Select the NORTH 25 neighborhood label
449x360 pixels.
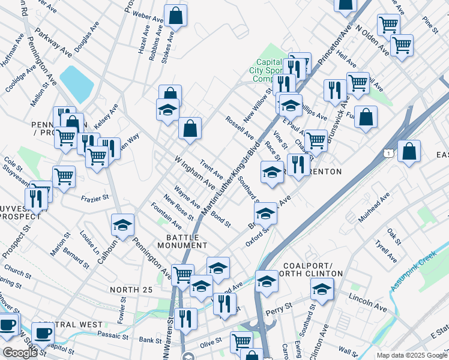point(133,290)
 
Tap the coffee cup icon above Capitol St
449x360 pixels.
point(42,334)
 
